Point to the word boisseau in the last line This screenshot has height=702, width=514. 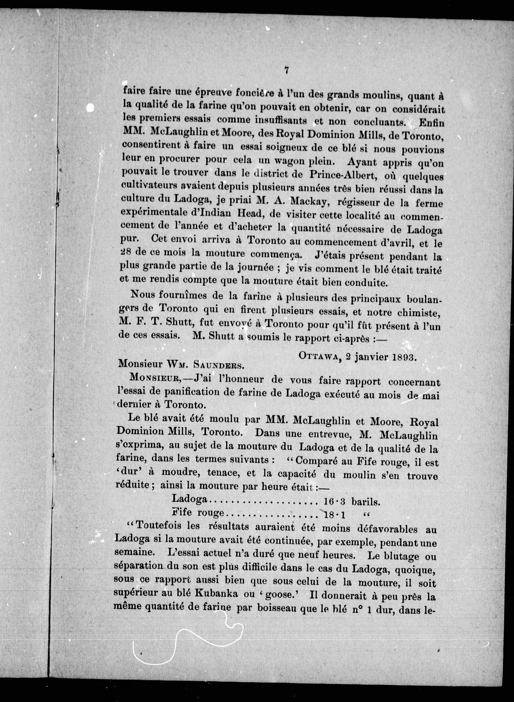[x=277, y=607]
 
